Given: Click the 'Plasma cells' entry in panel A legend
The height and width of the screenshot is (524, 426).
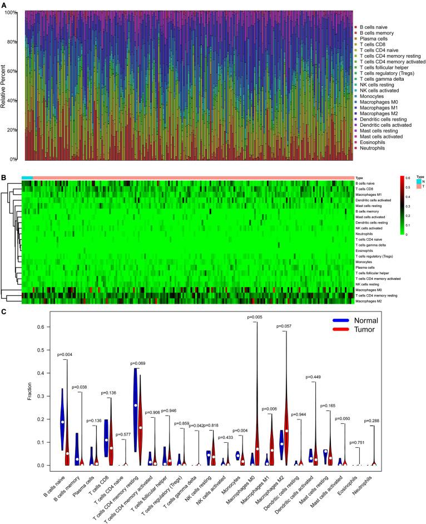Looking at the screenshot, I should click(372, 40).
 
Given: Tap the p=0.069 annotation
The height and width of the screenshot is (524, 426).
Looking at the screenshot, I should click(141, 364).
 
